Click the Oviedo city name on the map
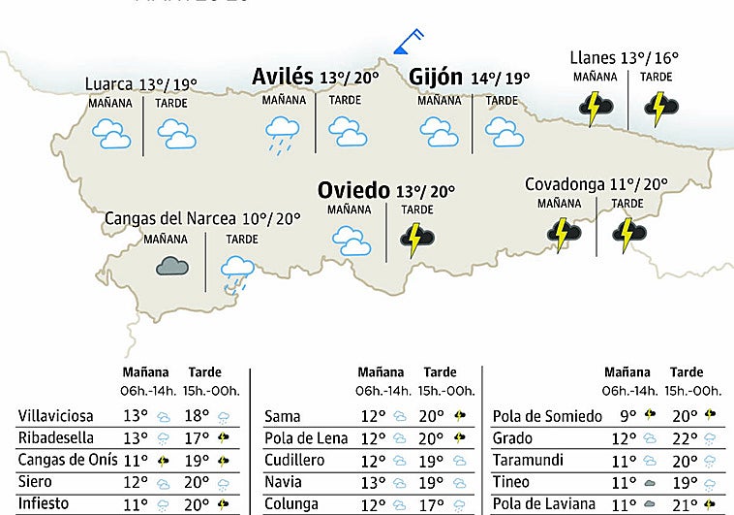coord(353,189)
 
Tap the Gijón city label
coord(435,78)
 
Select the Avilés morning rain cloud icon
coord(282,132)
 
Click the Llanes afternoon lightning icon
coord(659,108)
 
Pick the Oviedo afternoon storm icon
coord(417,238)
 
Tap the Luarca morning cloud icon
coord(111,133)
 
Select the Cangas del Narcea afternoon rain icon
coord(237,271)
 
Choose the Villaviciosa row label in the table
coord(57,416)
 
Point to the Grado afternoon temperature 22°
coord(684,437)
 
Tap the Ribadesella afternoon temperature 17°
coord(197,437)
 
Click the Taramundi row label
coord(527,460)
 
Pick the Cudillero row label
coord(296,460)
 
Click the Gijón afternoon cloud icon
coord(501,130)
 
